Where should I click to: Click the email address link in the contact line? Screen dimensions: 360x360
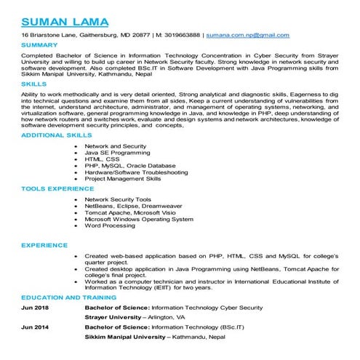247,35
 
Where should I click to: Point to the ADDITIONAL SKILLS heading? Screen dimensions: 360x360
57,135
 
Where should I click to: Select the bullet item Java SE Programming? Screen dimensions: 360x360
117,153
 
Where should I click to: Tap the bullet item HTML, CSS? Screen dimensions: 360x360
102,159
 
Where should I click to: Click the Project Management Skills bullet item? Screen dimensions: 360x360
123,179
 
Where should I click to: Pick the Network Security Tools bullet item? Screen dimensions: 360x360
118,199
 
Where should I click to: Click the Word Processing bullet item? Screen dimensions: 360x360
110,225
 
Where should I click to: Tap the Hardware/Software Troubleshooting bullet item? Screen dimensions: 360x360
136,172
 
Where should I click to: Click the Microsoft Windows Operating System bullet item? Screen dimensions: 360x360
139,218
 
